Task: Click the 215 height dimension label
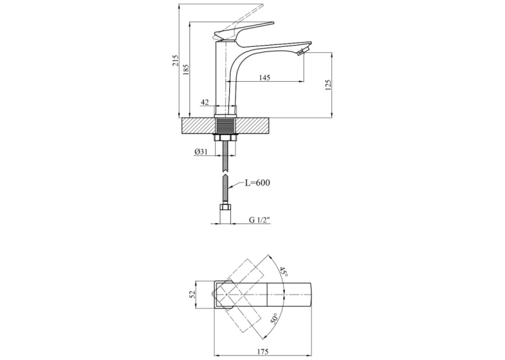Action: coord(175,60)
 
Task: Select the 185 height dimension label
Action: coord(186,69)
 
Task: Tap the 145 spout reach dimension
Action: coord(264,77)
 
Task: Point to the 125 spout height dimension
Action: coord(328,85)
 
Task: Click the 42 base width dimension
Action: coord(205,102)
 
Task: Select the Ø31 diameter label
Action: coord(201,152)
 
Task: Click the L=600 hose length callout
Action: coord(257,183)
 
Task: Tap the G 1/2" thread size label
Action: coord(259,220)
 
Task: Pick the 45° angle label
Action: coord(283,271)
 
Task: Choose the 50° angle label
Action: coord(274,318)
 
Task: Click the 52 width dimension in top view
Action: coord(193,294)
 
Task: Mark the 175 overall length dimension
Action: coord(263,351)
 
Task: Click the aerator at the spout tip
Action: coord(302,52)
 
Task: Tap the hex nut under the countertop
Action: coord(226,137)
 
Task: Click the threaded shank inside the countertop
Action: coord(226,126)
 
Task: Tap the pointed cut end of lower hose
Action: coord(226,176)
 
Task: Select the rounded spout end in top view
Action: coord(310,294)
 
